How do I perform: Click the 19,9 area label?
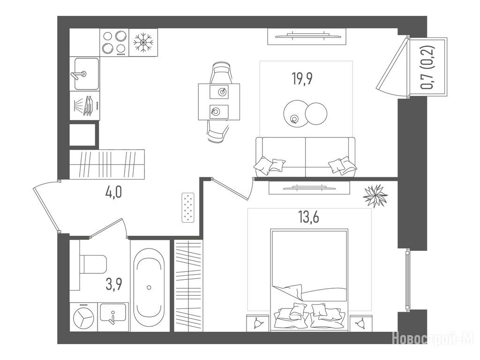[x=302, y=79]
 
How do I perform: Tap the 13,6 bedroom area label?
[x=309, y=217]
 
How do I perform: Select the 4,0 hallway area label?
[x=113, y=193]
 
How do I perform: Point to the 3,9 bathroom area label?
[x=114, y=284]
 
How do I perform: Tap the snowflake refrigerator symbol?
[x=143, y=42]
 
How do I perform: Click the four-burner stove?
[x=114, y=42]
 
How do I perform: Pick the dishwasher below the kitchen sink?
[x=85, y=105]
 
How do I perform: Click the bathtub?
[x=149, y=287]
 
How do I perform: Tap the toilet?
[x=93, y=264]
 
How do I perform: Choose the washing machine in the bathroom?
[x=83, y=317]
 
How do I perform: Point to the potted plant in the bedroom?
[x=375, y=195]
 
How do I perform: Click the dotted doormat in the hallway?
[x=188, y=208]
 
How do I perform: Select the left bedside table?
[x=258, y=323]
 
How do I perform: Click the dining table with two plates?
[x=219, y=102]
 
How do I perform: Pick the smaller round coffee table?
[x=316, y=113]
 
